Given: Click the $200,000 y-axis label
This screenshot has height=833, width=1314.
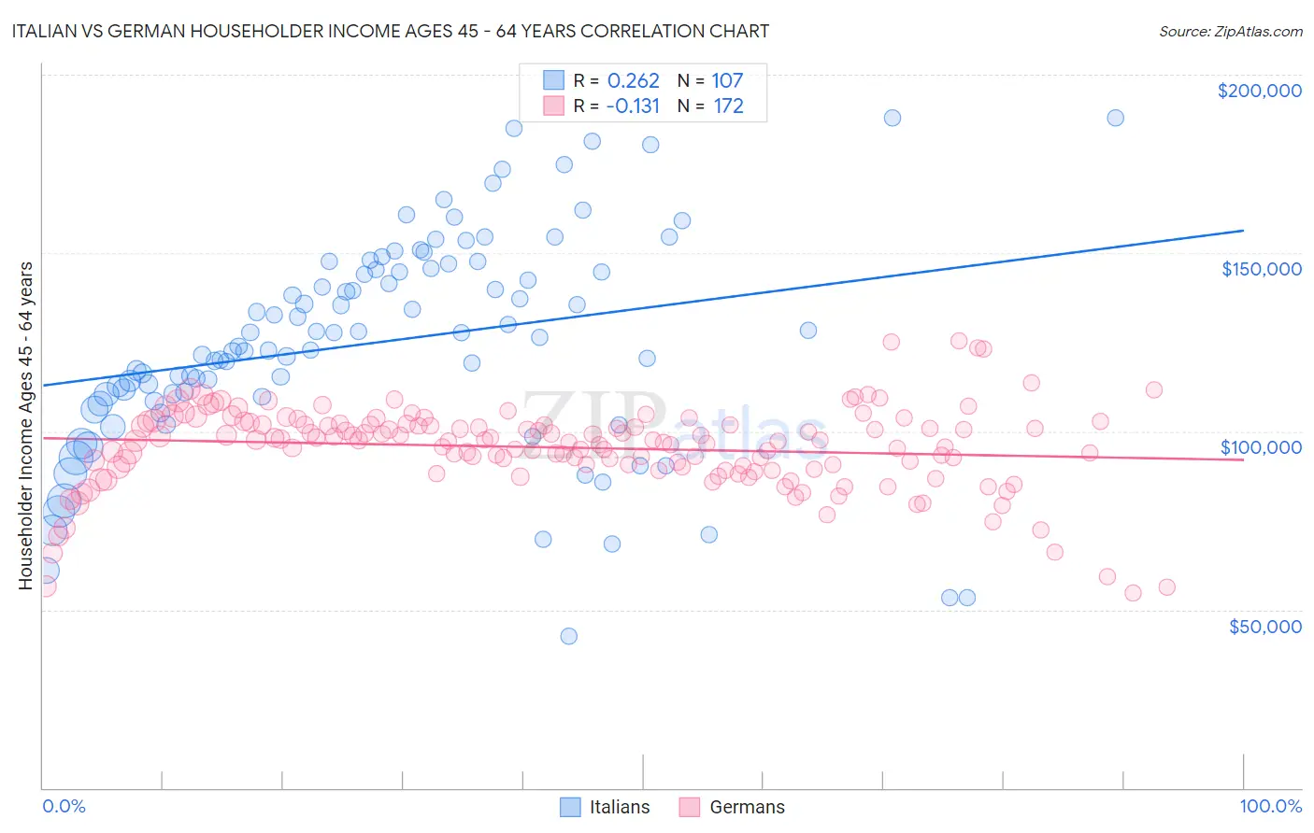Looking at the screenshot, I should coord(1259,91).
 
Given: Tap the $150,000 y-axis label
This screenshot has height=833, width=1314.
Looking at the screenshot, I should coord(1261,269).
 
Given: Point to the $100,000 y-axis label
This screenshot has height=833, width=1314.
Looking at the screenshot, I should coord(1261,447).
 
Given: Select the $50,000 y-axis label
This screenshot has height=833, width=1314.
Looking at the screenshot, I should coord(1264,626).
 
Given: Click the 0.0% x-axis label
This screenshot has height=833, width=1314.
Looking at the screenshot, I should coord(64,806).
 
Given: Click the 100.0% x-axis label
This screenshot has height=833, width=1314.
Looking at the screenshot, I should coord(1270,806).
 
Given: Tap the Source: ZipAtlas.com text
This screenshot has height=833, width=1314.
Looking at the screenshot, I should coord(1230,31).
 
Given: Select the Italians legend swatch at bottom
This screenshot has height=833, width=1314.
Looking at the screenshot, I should coord(570,807).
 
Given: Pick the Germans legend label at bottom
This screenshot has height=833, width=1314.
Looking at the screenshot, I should coord(747,807).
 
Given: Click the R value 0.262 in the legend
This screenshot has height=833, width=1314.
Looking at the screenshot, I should coord(633,80).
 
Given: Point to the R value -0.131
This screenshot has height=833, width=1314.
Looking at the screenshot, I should coord(632,106).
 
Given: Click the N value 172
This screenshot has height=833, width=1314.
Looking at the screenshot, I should coord(728,106).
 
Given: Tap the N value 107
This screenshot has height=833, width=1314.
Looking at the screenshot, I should coord(727,80).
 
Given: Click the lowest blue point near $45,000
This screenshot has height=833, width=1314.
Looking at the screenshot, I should coord(568,636).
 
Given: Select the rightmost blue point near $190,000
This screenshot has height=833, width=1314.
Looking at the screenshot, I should coord(1115,118).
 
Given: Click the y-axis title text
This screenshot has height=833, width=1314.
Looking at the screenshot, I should coord(25,426).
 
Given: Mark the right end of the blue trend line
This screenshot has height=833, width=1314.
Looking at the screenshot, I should coord(1243,230).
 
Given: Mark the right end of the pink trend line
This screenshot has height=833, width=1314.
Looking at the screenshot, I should coord(1243,460).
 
